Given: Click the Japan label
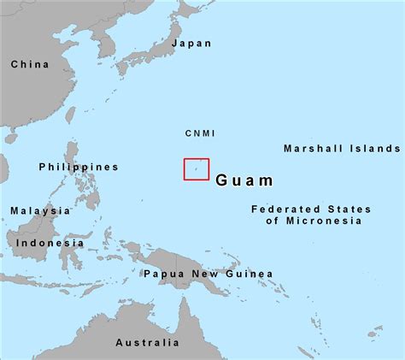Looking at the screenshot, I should pyautogui.click(x=191, y=43).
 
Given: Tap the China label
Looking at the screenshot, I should pyautogui.click(x=30, y=63).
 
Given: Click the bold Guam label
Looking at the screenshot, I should pyautogui.click(x=245, y=180).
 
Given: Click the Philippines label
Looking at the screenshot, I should pyautogui.click(x=79, y=167).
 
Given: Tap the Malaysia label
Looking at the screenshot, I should pyautogui.click(x=40, y=210).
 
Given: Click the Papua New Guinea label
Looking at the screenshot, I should pyautogui.click(x=208, y=274).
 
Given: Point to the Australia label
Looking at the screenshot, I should pyautogui.click(x=148, y=343).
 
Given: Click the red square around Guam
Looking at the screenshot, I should pyautogui.click(x=197, y=168).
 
